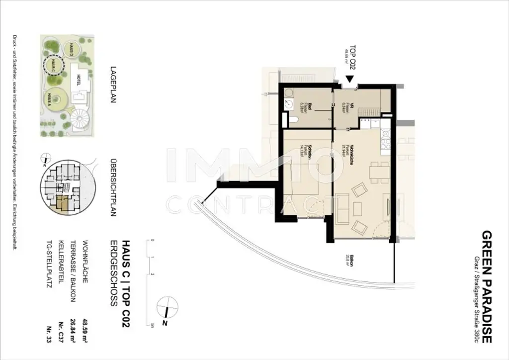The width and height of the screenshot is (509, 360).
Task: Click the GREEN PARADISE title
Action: (487, 287)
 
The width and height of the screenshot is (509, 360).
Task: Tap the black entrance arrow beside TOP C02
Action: (349, 79)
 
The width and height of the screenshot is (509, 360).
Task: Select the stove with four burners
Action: (385, 144)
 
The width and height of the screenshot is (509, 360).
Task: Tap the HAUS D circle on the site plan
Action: (73, 49)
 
